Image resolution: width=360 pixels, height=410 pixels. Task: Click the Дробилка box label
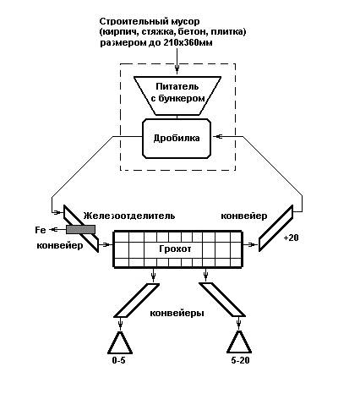pos(177,138)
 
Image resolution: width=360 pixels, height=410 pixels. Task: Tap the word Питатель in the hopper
pos(177,86)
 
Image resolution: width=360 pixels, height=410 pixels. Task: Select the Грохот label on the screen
pos(175,249)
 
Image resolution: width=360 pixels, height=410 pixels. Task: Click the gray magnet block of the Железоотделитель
pos(80,229)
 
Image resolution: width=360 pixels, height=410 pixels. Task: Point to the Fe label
pos(41,230)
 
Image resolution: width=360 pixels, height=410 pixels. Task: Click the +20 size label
pos(291,238)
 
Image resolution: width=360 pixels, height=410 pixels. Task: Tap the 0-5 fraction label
pos(118,360)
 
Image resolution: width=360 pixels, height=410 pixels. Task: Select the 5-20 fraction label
pos(240,360)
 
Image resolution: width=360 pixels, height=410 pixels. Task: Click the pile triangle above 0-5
pos(120,342)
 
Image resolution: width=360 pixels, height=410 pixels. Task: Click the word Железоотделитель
pos(129,216)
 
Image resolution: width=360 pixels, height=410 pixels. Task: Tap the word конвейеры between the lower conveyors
pos(177,313)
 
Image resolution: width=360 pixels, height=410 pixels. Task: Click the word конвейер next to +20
pos(244,216)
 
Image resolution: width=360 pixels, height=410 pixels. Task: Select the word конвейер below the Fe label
pos(60,246)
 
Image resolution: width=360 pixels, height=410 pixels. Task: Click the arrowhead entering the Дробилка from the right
pos(218,136)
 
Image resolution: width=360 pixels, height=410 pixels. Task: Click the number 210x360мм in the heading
pos(188,43)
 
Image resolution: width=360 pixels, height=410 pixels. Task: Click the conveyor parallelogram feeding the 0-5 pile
pos(137,300)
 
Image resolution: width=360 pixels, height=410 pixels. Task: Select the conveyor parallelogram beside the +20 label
pos(276,228)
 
